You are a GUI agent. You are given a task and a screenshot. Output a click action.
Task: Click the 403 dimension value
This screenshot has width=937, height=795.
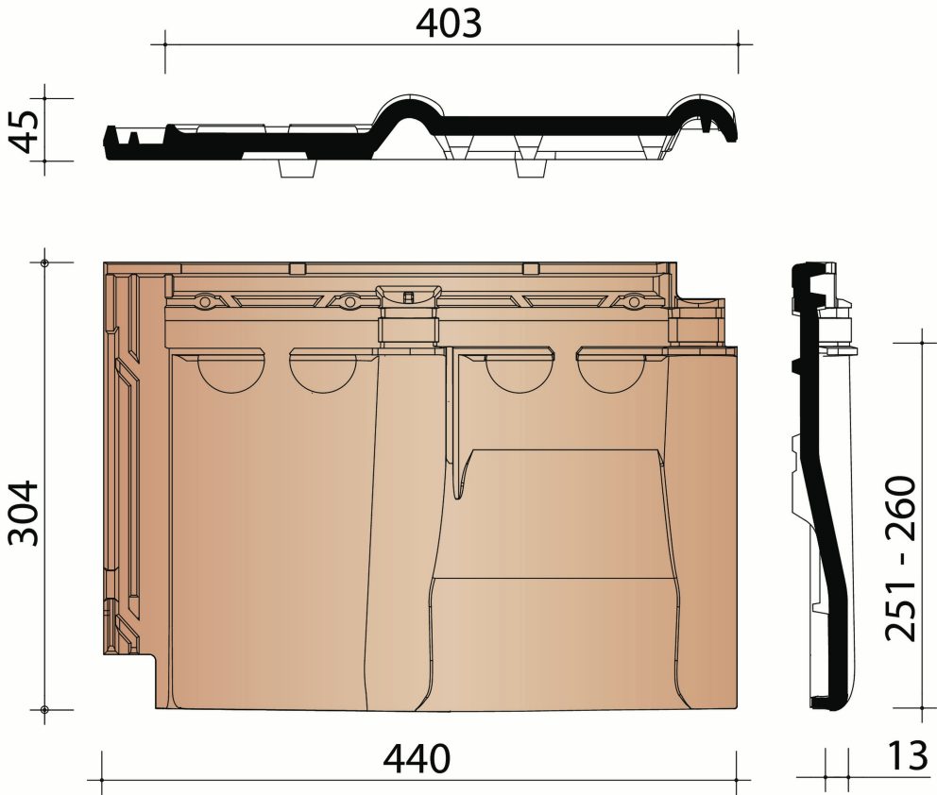click(x=449, y=24)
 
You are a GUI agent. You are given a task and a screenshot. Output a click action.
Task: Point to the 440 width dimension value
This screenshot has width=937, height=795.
click(x=417, y=758)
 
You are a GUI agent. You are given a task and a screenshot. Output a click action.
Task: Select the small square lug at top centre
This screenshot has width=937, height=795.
click(x=408, y=297)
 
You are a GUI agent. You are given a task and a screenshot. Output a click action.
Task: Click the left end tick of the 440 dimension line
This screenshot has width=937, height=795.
click(x=101, y=780)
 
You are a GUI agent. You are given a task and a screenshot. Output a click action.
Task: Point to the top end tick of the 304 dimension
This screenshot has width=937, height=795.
click(x=44, y=262)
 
